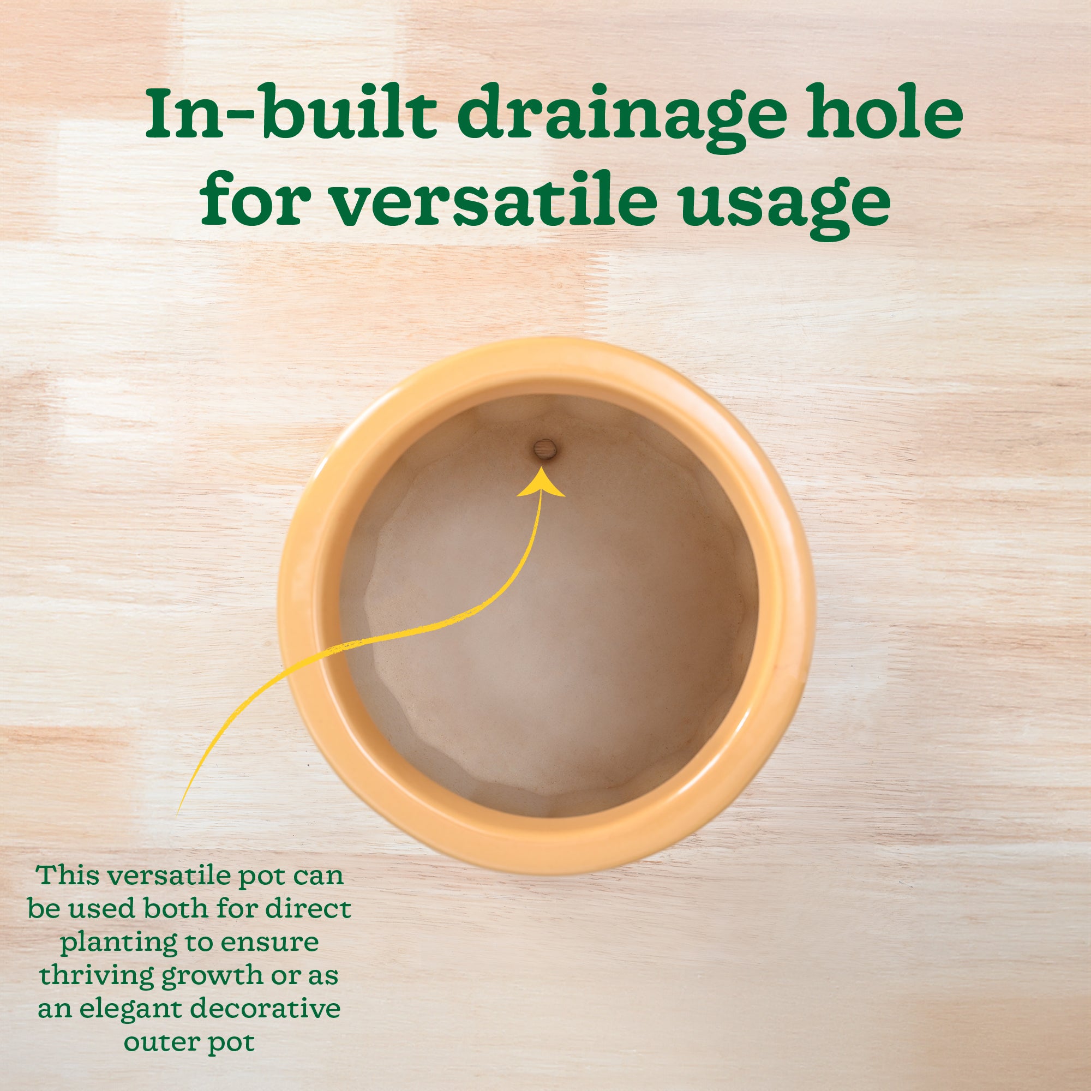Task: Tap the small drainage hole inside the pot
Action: click(x=545, y=450)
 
